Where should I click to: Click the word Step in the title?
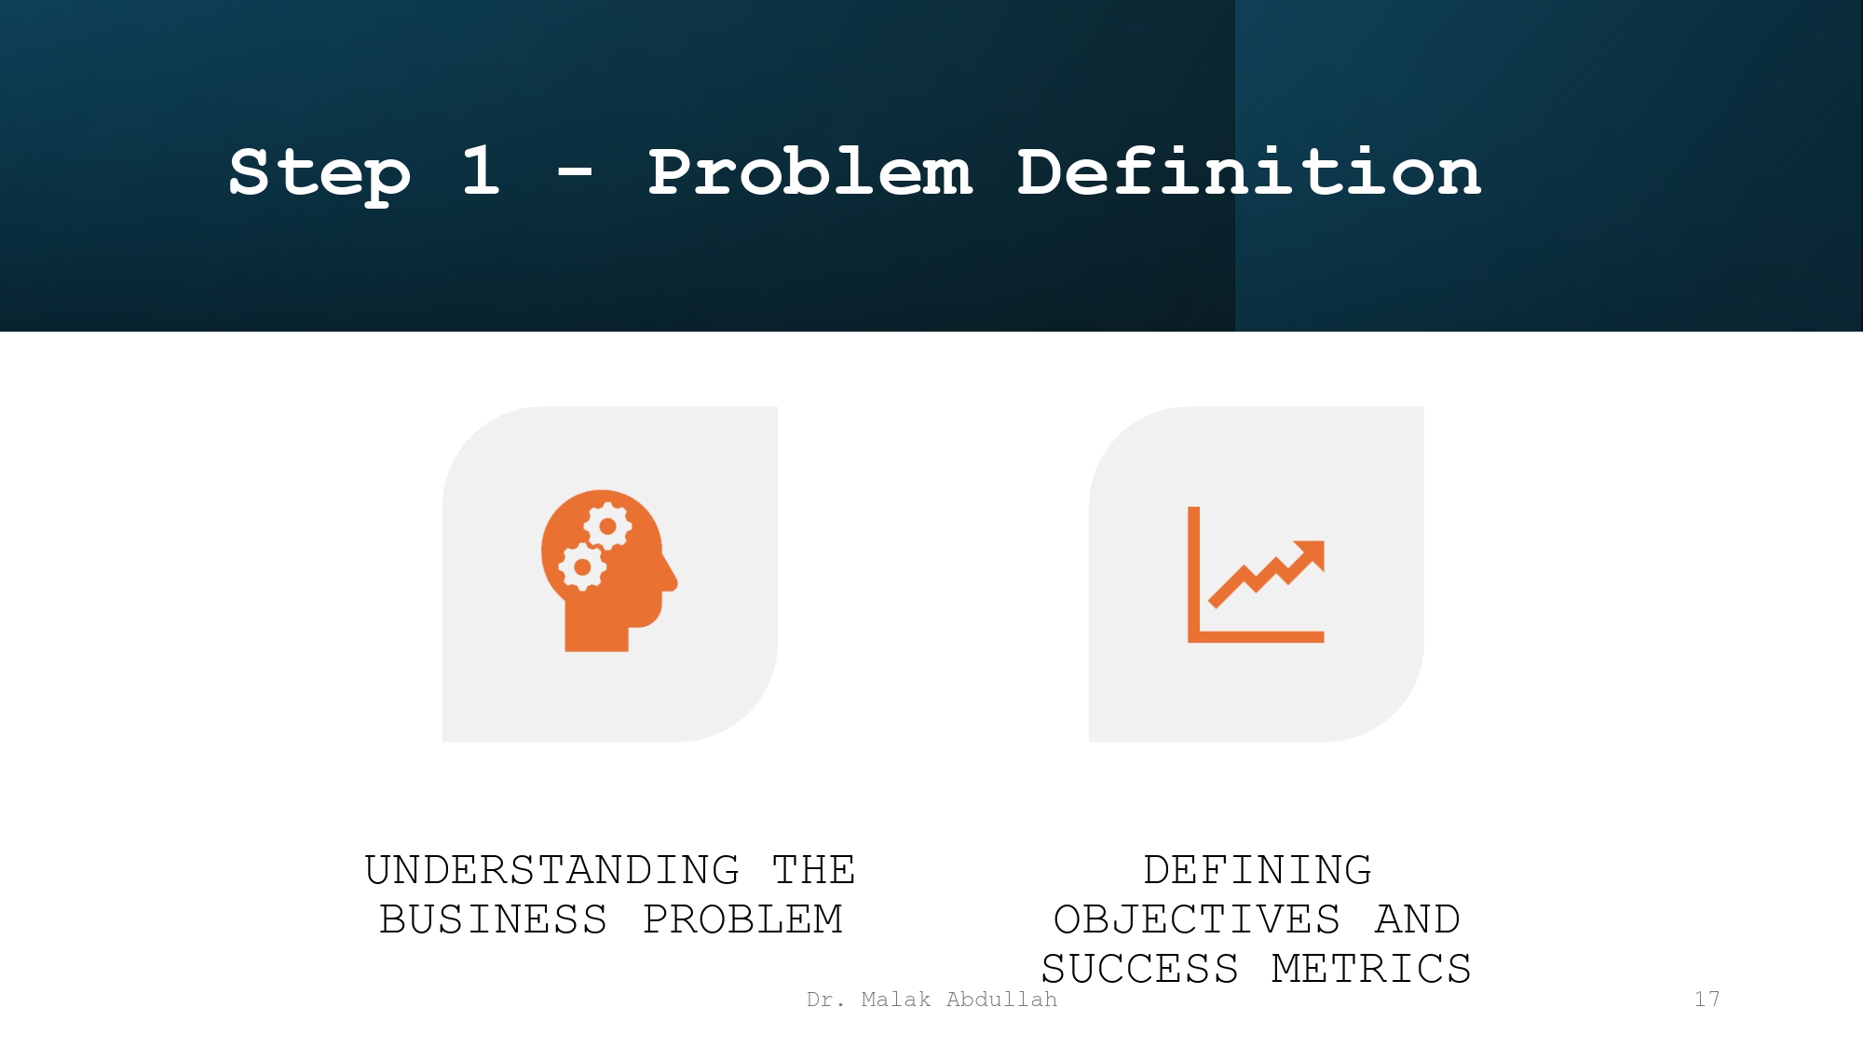pos(319,173)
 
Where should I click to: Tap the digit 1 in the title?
pos(481,171)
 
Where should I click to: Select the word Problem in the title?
pos(809,173)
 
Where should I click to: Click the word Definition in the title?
pos(1248,173)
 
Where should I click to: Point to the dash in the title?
pos(575,172)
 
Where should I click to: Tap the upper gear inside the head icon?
pos(608,526)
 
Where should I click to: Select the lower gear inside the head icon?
pos(582,566)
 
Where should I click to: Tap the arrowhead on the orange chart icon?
pos(1312,552)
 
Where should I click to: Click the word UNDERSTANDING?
pos(552,871)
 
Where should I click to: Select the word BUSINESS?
pos(494,920)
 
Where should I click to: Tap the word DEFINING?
pos(1258,871)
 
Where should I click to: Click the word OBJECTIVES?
pos(1197,920)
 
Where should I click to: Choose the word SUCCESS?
pos(1140,970)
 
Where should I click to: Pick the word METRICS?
pos(1371,970)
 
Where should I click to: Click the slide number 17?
pos(1707,1000)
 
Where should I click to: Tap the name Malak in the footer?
pos(895,1000)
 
